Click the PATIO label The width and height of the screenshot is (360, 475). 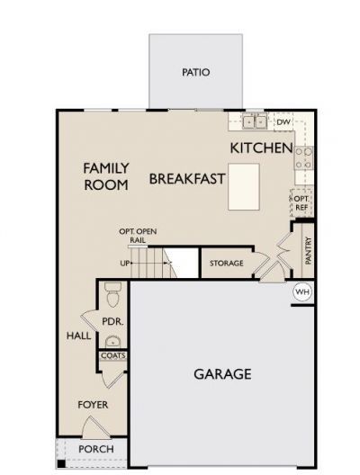point(195,72)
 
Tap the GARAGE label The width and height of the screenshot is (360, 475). point(222,374)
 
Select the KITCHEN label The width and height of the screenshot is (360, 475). point(261,148)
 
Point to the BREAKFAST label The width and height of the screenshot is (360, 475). point(186,178)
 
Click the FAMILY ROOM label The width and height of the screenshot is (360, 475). point(106,175)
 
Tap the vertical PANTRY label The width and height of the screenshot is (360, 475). point(307,251)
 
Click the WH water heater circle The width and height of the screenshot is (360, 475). point(302,292)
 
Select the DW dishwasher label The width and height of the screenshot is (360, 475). point(282,121)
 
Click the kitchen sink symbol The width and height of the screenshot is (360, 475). point(252,121)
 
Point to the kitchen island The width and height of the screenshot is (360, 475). point(244,186)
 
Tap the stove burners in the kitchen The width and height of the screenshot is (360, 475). point(302,158)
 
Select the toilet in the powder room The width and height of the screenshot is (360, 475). point(112,293)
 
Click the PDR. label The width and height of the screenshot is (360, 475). point(112,321)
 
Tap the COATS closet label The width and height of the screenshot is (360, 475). point(112,355)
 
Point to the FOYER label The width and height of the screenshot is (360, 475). point(92,405)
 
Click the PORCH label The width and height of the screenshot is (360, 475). point(95,449)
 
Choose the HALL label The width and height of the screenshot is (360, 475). point(76,336)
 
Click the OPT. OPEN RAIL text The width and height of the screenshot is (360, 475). point(139,236)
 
